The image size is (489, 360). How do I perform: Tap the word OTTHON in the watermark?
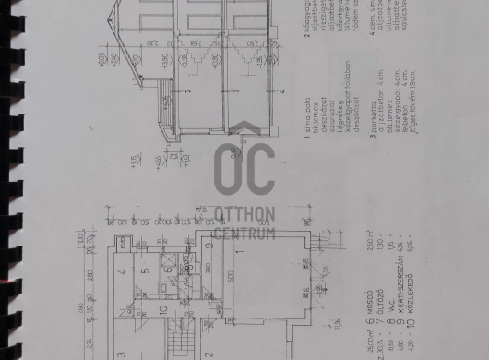[x=244, y=215]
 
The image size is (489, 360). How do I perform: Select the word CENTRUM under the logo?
[x=244, y=231]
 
